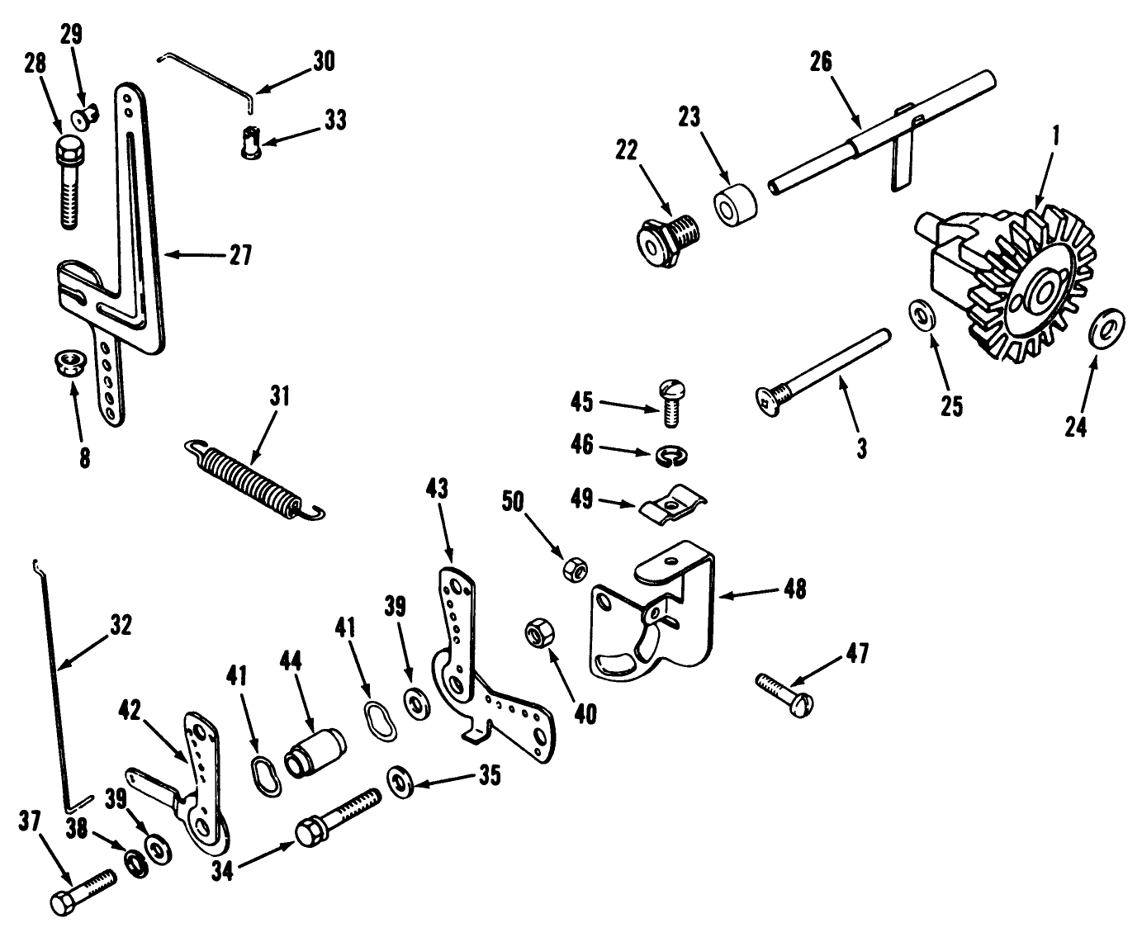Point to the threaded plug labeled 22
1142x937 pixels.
tap(666, 236)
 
